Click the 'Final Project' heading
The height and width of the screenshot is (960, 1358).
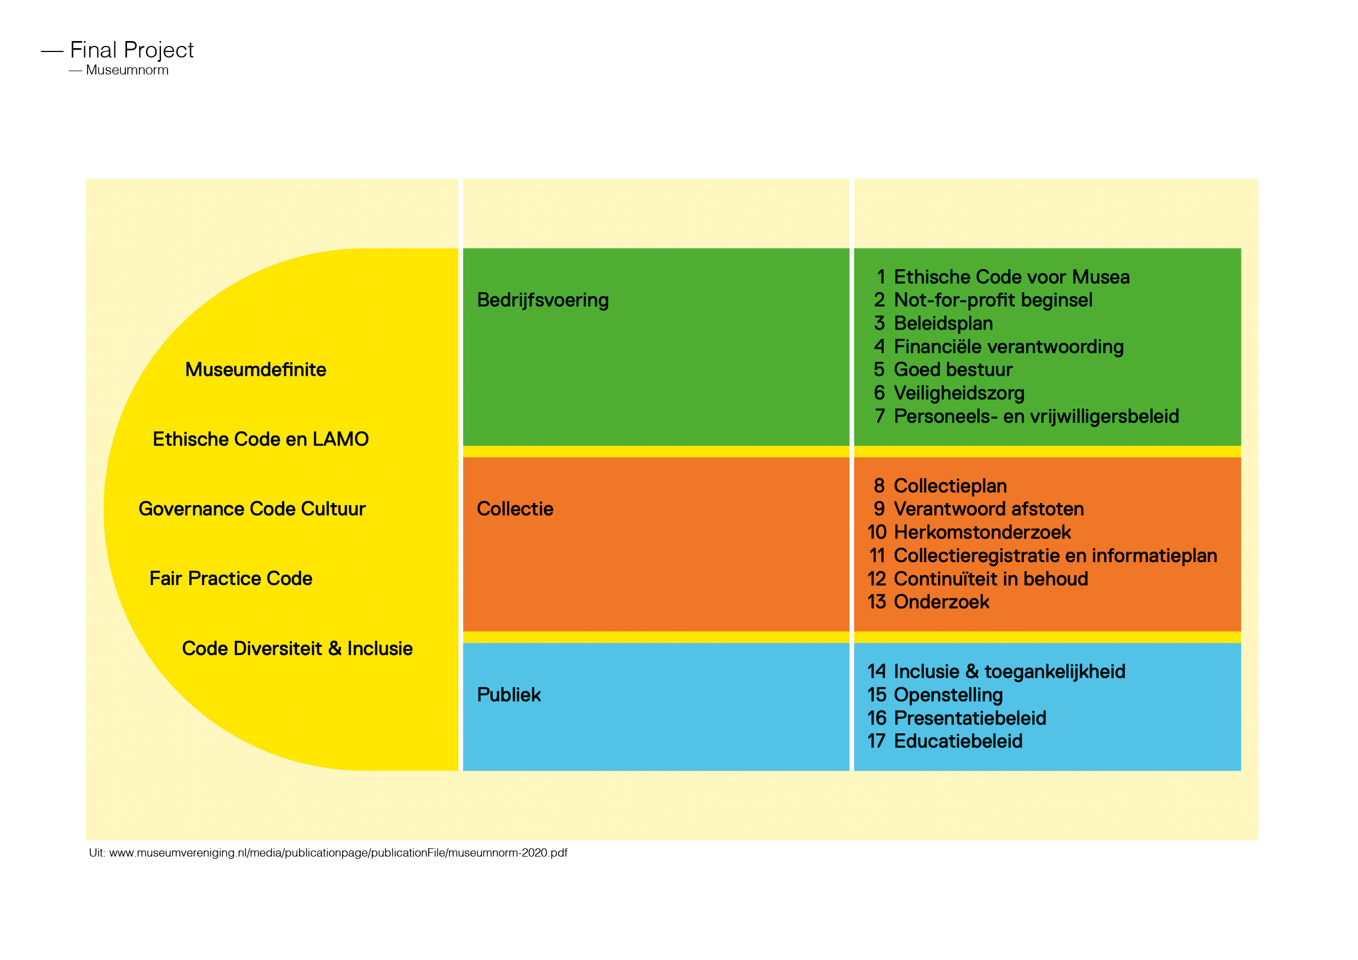[x=131, y=50]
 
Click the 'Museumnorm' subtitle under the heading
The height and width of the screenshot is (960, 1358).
[x=127, y=71]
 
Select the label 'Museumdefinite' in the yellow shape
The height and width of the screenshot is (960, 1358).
[x=256, y=369]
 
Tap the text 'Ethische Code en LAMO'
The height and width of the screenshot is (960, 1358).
[x=260, y=439]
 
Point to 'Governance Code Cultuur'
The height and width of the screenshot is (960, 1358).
[x=252, y=509]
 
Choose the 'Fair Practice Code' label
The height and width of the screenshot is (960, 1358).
[x=231, y=578]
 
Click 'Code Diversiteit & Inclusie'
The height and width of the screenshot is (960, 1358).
[x=297, y=649]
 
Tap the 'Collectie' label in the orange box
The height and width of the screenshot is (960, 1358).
[x=515, y=509]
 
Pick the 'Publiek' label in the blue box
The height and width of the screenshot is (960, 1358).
[x=509, y=695]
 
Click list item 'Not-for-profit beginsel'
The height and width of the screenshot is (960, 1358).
[x=993, y=300]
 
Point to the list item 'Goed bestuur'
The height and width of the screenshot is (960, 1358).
[x=953, y=369]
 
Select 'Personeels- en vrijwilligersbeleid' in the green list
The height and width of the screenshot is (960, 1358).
[x=1036, y=417]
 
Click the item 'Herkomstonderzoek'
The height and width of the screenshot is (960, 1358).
[x=982, y=532]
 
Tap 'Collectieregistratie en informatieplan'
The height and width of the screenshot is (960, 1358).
[x=1055, y=556]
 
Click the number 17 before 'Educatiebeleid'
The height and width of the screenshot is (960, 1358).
[x=876, y=741]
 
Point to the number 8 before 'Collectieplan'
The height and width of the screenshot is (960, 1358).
[x=879, y=486]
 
